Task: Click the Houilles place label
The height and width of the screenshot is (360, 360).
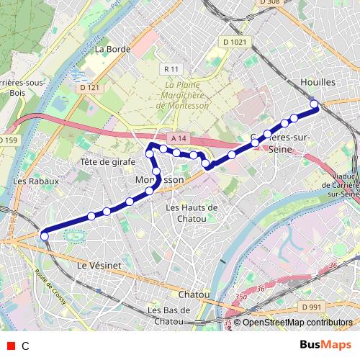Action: click(x=319, y=83)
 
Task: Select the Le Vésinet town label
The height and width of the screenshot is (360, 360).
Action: click(x=99, y=265)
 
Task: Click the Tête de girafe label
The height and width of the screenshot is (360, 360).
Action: click(x=108, y=162)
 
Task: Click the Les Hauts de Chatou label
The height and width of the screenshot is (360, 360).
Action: click(x=192, y=212)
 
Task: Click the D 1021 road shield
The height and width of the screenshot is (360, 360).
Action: click(x=235, y=42)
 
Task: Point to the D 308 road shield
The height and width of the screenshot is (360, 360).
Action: click(x=269, y=3)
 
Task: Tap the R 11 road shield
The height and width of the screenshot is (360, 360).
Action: click(x=171, y=69)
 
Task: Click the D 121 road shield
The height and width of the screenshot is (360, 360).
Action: click(x=89, y=88)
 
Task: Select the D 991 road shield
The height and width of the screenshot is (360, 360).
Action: click(x=312, y=307)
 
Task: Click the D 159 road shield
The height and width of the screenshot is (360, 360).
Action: click(x=8, y=140)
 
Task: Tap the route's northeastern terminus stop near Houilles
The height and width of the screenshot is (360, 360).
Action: click(x=315, y=105)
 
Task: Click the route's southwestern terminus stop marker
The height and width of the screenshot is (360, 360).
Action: click(x=44, y=235)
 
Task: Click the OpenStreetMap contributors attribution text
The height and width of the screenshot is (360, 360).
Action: click(x=297, y=323)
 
